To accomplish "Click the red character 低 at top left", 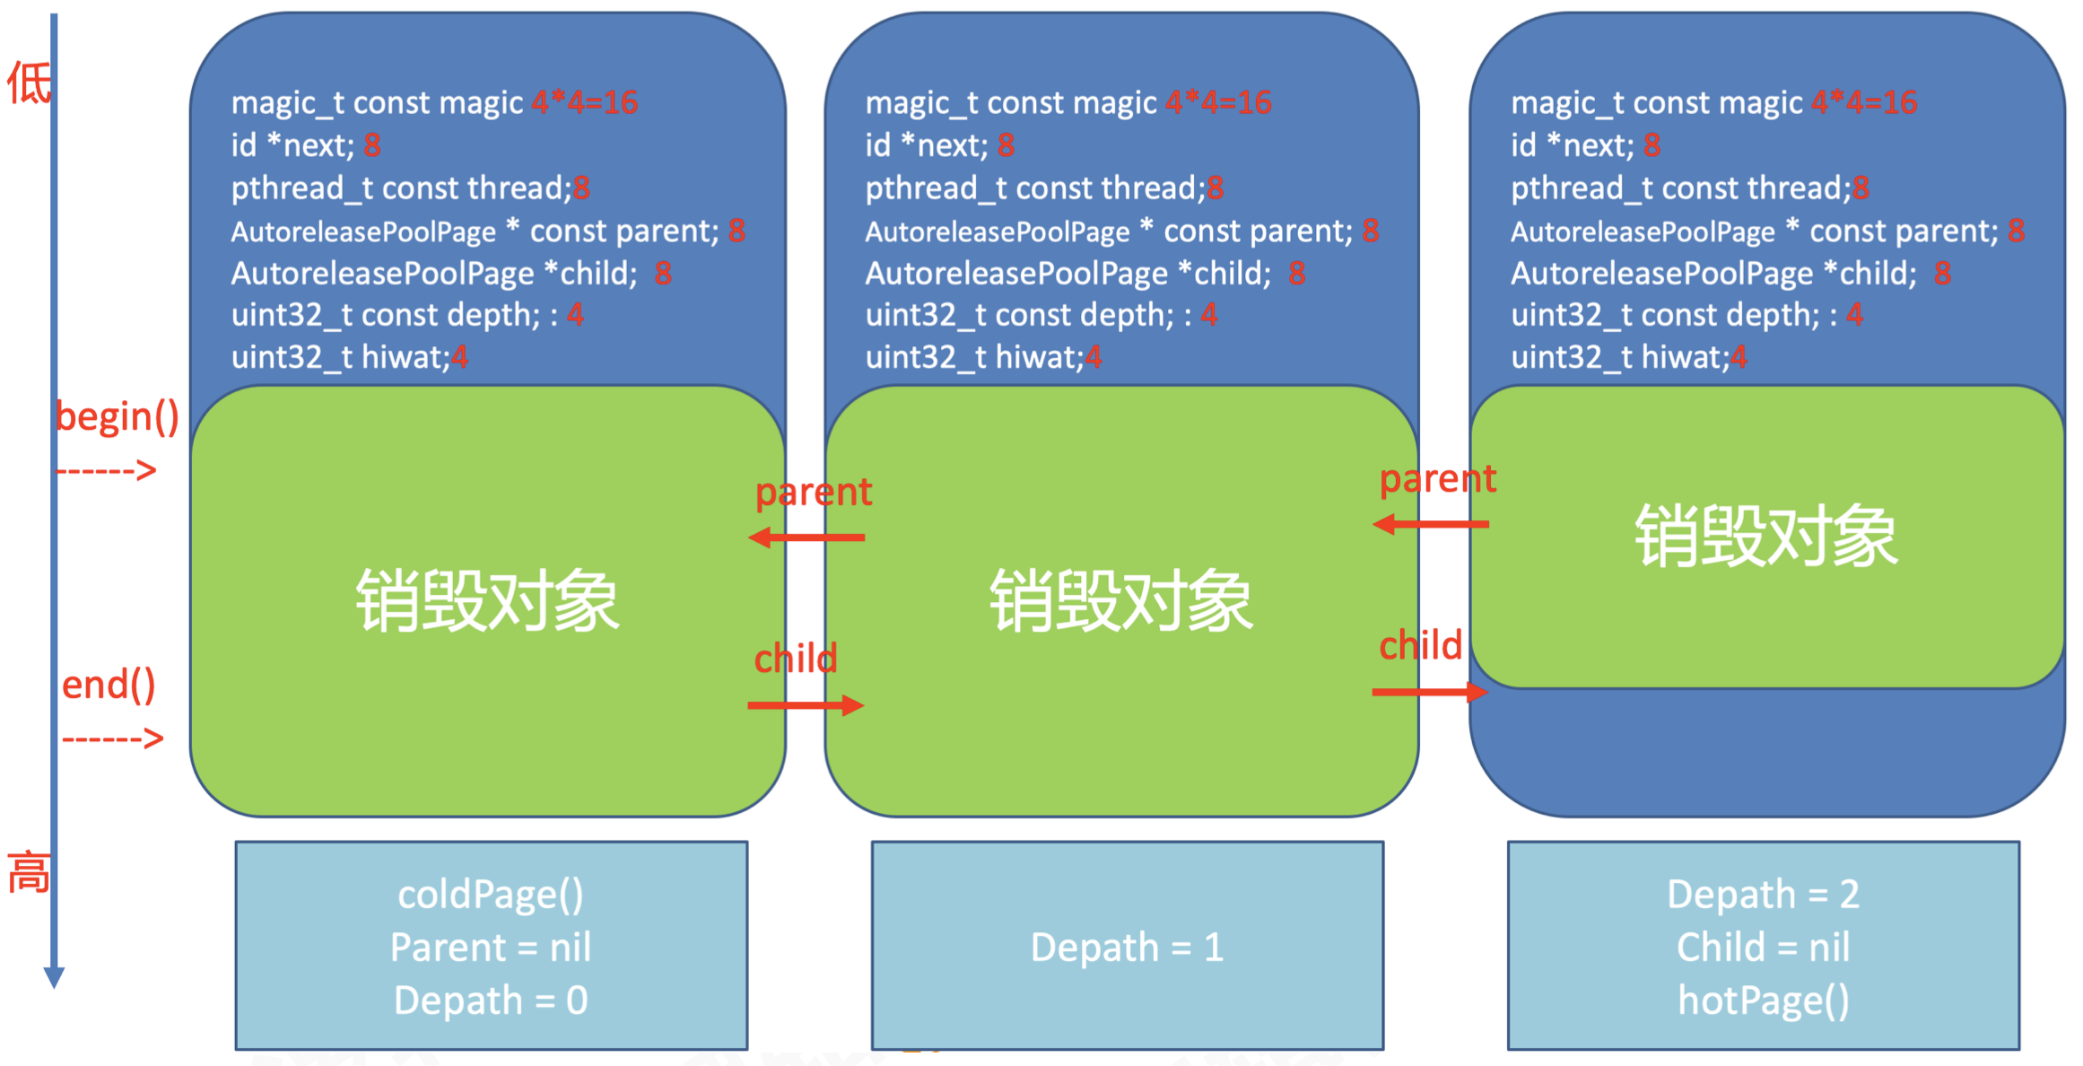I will click(29, 83).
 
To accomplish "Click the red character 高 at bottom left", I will click(29, 872).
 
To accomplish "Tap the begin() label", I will click(118, 416).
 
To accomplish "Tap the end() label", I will click(109, 685).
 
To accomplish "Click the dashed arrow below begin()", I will click(107, 470).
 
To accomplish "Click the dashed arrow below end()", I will click(113, 738).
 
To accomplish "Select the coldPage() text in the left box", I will click(491, 894).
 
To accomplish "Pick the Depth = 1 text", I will click(1127, 947).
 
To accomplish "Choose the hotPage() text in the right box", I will click(1764, 1000).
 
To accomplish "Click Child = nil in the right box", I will click(1764, 947).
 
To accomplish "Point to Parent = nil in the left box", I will click(491, 947).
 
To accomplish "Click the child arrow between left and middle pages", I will click(806, 705).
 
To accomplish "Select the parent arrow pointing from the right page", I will click(1430, 524).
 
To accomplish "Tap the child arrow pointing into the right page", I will click(1430, 692).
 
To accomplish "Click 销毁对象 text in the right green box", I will click(1765, 536).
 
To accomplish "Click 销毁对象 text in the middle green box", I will click(1120, 600).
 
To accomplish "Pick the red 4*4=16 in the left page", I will click(584, 102).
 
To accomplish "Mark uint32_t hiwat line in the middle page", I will click(982, 357).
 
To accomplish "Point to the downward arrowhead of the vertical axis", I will click(54, 977).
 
